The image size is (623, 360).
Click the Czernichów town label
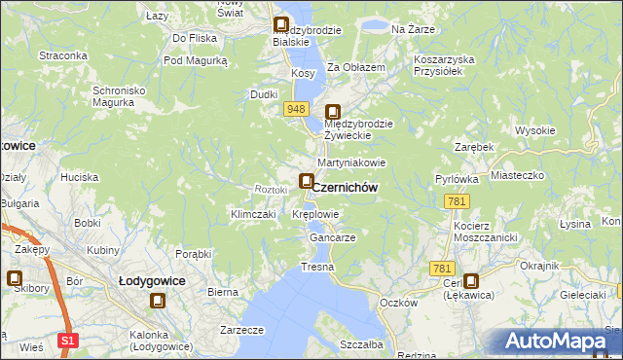pyautogui.click(x=345, y=187)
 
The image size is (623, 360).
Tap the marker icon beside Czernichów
pyautogui.click(x=307, y=181)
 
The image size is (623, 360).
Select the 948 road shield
pyautogui.click(x=298, y=110)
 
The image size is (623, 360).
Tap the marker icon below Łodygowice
pyautogui.click(x=158, y=302)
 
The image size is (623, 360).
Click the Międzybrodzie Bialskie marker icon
pyautogui.click(x=282, y=26)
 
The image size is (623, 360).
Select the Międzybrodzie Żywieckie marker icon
pyautogui.click(x=333, y=112)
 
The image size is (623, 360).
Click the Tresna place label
pyautogui.click(x=317, y=267)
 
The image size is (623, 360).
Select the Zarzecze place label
pyautogui.click(x=242, y=330)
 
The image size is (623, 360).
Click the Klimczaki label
pyautogui.click(x=254, y=213)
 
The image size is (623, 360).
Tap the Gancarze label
pyautogui.click(x=332, y=237)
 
